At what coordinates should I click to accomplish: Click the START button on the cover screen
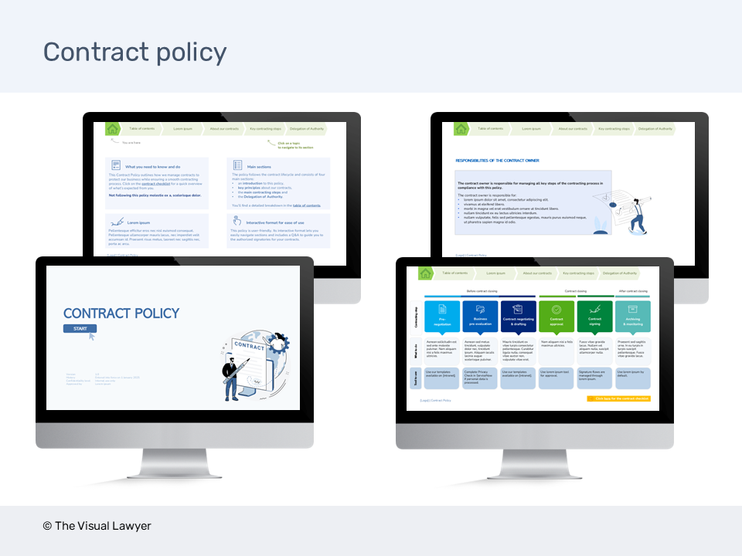[x=80, y=329]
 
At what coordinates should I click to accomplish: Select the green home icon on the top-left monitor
[x=113, y=129]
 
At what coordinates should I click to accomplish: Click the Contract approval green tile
[x=556, y=317]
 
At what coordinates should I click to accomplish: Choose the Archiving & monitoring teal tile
[x=634, y=317]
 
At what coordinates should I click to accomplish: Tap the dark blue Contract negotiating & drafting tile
[x=519, y=317]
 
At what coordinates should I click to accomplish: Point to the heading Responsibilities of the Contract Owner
[x=497, y=161]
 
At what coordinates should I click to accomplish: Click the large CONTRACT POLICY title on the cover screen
[x=121, y=313]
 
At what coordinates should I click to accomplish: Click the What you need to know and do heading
[x=152, y=166]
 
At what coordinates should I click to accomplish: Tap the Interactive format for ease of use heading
[x=276, y=221]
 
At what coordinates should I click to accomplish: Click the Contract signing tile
[x=594, y=317]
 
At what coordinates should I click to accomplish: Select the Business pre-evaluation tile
[x=481, y=317]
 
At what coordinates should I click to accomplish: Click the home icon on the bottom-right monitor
[x=425, y=273]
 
